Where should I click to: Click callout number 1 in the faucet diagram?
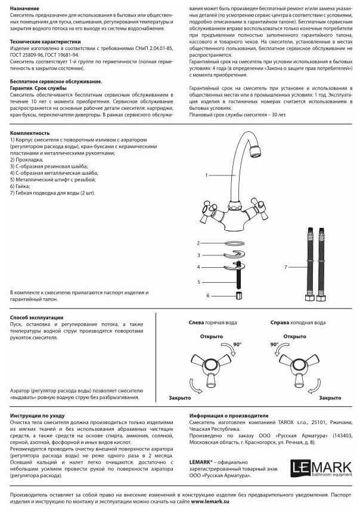pos(205,176)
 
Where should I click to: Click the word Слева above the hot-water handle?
pos(197,322)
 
